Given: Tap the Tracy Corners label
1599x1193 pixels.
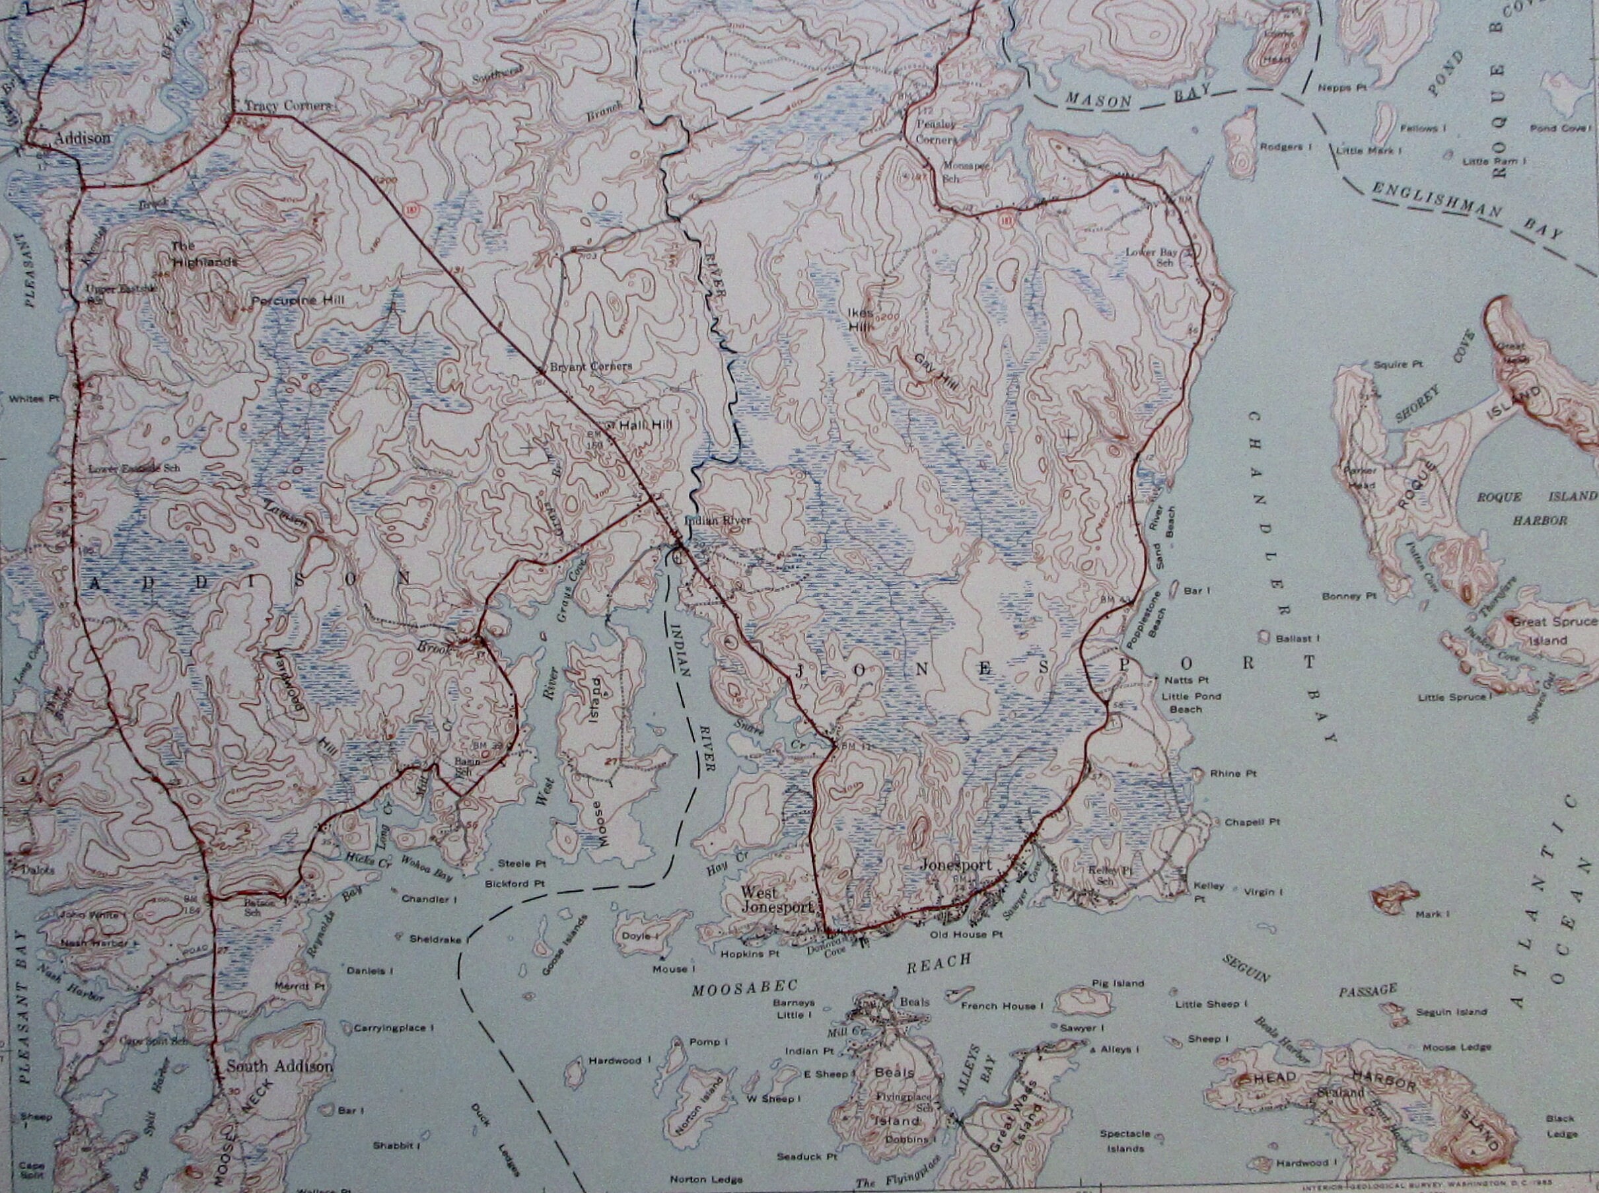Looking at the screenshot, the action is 287,106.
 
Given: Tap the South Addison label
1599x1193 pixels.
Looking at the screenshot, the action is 279,1067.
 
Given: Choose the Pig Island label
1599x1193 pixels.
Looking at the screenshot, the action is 1118,984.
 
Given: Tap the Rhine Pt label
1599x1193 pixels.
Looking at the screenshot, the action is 1234,774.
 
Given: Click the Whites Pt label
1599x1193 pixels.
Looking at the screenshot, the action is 34,398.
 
